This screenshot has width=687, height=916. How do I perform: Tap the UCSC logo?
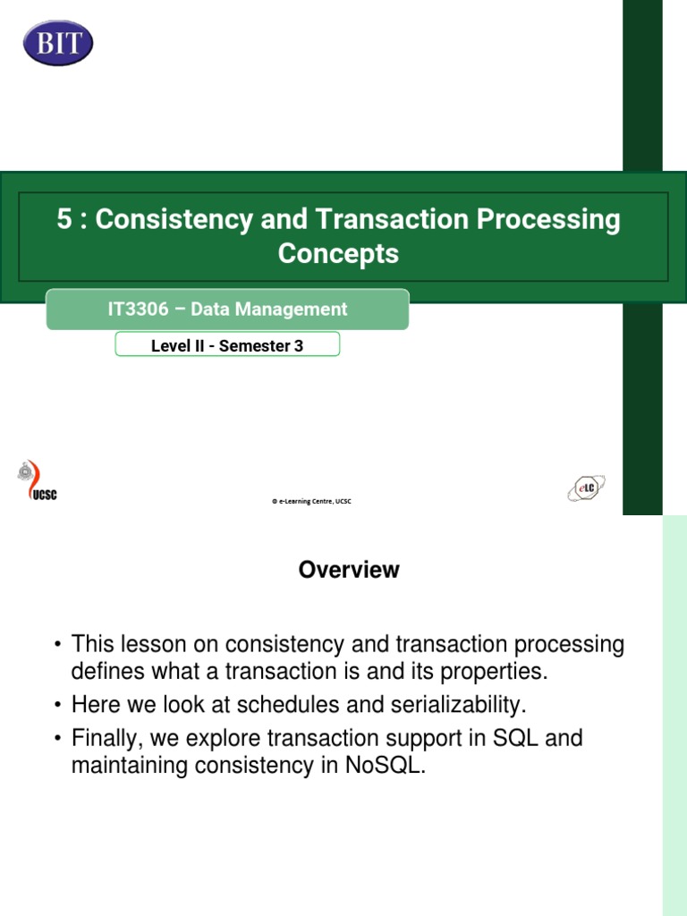pos(38,482)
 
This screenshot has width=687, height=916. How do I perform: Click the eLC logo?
pos(586,488)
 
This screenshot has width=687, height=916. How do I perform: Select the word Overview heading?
pos(349,570)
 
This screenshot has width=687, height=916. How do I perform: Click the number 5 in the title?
pos(64,220)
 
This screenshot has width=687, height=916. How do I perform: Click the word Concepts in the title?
pos(338,254)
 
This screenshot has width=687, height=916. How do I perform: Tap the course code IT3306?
pos(140,310)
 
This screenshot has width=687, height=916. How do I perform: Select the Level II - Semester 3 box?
pos(227,345)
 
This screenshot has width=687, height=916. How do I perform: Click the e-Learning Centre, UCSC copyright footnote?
pos(311,502)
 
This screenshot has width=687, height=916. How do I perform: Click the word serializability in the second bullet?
pos(456,705)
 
